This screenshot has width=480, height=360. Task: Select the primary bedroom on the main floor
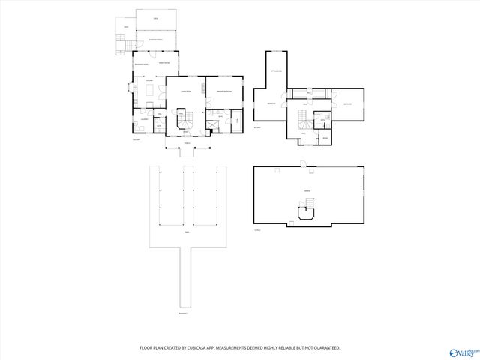[226, 91]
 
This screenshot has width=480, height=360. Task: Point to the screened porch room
[156, 39]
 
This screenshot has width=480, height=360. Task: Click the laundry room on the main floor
[143, 119]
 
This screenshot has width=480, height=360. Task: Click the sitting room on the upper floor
[276, 70]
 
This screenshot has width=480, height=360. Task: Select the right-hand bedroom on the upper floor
[348, 103]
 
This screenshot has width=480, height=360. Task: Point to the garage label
[307, 191]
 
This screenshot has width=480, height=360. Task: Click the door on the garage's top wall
[301, 164]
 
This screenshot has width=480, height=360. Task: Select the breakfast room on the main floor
[141, 66]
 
